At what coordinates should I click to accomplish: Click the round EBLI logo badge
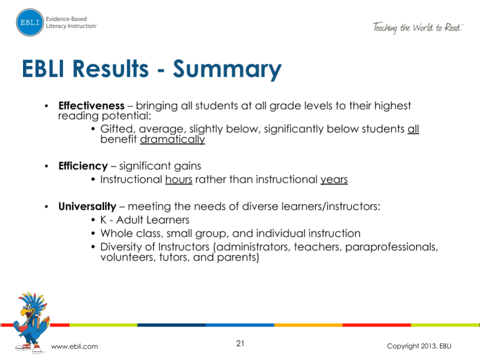tap(30, 23)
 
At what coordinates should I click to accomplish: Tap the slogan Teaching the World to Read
tap(417, 28)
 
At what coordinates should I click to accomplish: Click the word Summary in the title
tap(227, 70)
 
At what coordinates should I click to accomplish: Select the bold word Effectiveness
tap(91, 106)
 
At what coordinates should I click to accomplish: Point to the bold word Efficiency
tap(83, 166)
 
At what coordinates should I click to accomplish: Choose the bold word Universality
tap(87, 206)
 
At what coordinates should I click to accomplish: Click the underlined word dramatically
tap(172, 140)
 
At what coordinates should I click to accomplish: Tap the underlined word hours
tap(179, 179)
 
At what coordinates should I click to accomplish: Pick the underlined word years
tap(334, 179)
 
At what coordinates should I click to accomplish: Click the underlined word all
tap(413, 129)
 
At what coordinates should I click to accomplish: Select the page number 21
tap(240, 343)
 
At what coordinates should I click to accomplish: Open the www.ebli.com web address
tap(75, 346)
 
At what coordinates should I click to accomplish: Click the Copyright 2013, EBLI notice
tap(419, 346)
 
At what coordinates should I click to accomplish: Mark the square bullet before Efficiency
tap(46, 166)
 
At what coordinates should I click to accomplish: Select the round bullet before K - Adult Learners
tap(94, 220)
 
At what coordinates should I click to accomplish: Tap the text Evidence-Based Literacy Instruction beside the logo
tap(71, 23)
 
